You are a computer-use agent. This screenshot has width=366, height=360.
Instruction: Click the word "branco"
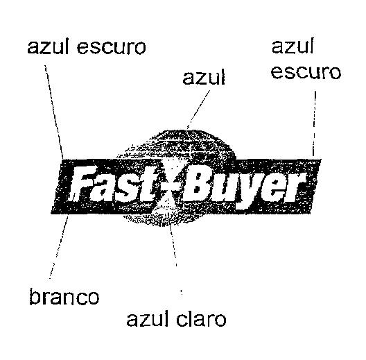pyautogui.click(x=64, y=297)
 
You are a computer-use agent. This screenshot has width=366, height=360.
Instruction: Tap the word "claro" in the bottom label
pyautogui.click(x=201, y=319)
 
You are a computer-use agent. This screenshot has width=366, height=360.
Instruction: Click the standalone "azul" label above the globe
pyautogui.click(x=204, y=76)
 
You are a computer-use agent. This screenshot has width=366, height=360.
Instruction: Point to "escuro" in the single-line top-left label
pyautogui.click(x=112, y=47)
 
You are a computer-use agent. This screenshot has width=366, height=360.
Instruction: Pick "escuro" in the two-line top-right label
pyautogui.click(x=306, y=72)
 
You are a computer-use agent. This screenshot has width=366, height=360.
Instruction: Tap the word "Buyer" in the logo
pyautogui.click(x=243, y=187)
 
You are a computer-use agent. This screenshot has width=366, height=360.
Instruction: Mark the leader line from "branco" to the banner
pyautogui.click(x=59, y=247)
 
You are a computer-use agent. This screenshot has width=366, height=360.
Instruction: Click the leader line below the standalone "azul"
pyautogui.click(x=198, y=110)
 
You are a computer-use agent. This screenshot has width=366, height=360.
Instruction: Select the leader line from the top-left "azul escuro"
pyautogui.click(x=53, y=112)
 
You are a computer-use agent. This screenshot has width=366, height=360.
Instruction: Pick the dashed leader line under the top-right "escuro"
pyautogui.click(x=315, y=123)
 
